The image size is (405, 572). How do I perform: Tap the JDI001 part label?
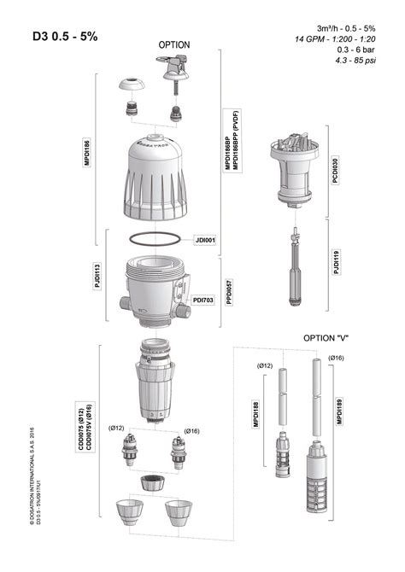click(x=206, y=240)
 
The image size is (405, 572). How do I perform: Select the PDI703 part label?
click(x=203, y=300)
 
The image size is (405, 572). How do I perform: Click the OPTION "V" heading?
click(x=326, y=338)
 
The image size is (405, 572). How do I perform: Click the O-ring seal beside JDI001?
click(x=156, y=240)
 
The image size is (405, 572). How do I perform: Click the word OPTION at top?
click(x=174, y=44)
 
